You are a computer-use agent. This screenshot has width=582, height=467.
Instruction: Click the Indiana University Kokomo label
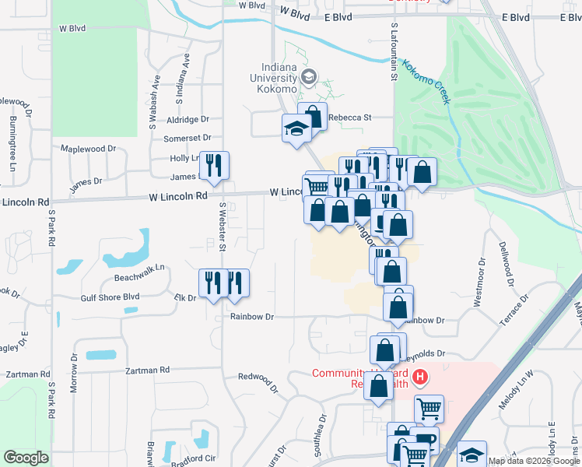(x=273, y=78)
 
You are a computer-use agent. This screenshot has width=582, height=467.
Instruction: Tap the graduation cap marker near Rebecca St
(x=296, y=129)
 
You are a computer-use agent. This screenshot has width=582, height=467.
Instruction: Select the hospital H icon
(x=420, y=378)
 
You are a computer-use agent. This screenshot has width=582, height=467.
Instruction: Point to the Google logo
(x=26, y=458)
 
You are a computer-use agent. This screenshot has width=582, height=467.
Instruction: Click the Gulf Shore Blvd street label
(x=110, y=297)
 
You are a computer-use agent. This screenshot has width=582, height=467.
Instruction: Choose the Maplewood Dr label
(x=88, y=149)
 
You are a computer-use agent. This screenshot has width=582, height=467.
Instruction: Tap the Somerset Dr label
(x=187, y=139)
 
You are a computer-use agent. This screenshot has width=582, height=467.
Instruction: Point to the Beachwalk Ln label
(x=140, y=267)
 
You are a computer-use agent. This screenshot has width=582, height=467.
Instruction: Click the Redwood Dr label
(x=258, y=377)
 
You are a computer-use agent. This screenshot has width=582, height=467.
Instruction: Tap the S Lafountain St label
(x=394, y=58)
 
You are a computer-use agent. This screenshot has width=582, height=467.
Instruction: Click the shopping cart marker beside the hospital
(x=429, y=408)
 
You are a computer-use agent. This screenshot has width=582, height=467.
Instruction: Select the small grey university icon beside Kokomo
(x=309, y=76)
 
